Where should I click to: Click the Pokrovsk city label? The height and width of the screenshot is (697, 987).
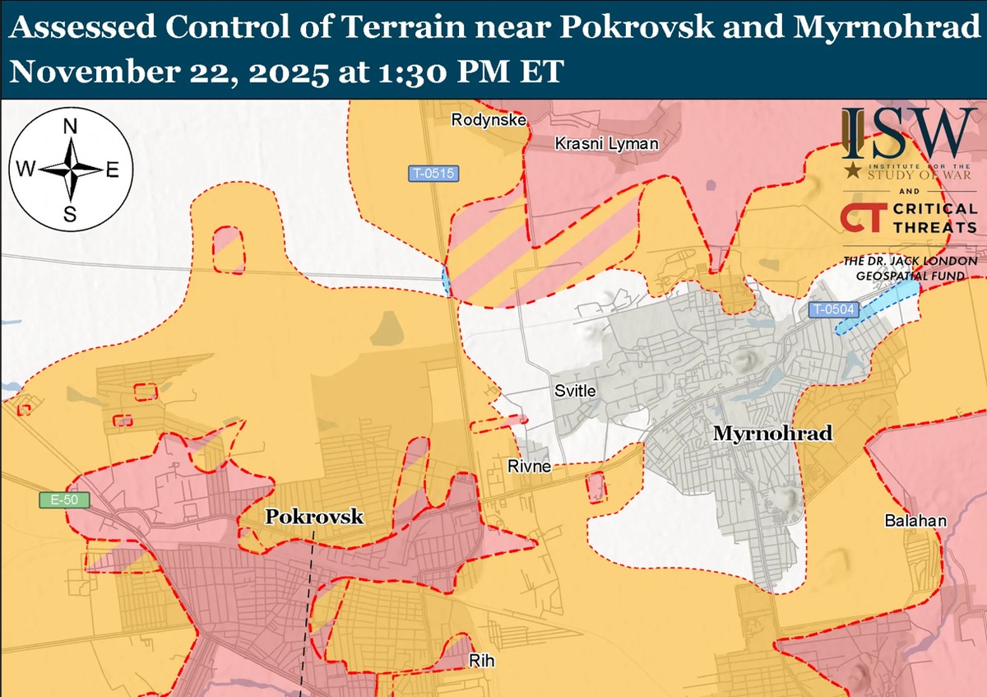click(x=313, y=518)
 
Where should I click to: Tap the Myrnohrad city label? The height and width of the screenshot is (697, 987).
click(x=772, y=433)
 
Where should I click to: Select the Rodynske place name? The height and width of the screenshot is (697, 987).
click(x=489, y=120)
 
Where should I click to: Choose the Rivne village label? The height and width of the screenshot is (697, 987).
click(x=528, y=467)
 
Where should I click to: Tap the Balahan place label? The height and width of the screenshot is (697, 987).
click(x=915, y=521)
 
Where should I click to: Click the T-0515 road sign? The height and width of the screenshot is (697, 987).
click(x=433, y=174)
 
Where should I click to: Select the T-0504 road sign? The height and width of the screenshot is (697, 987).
click(x=833, y=310)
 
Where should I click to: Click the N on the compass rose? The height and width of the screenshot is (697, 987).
click(x=71, y=127)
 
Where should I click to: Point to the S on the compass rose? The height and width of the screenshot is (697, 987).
click(x=71, y=216)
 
